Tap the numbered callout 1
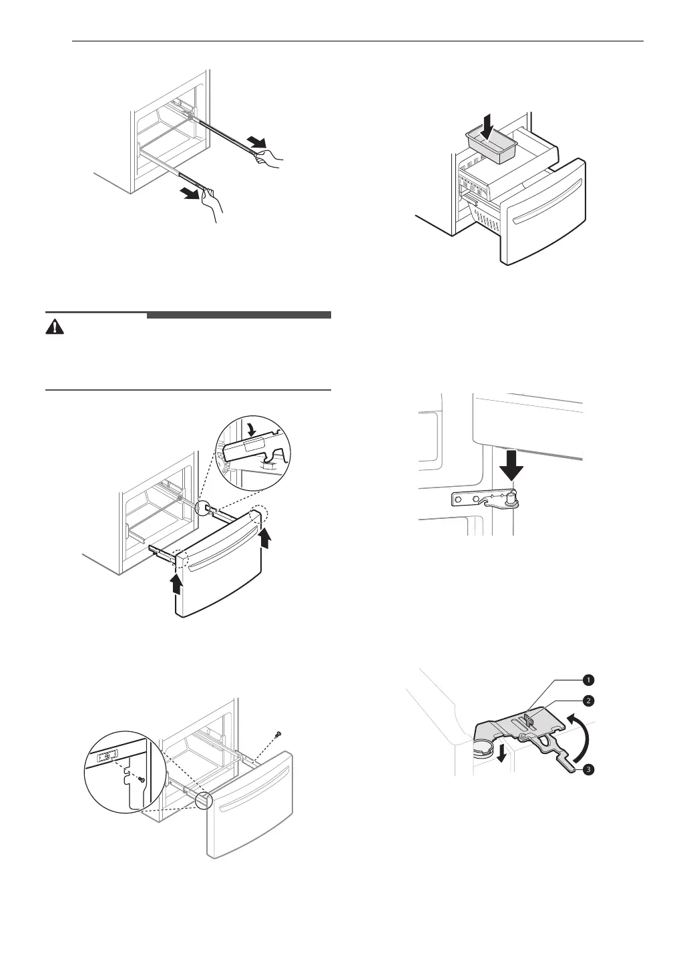[x=587, y=680]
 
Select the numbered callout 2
[x=587, y=701]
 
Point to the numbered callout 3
[x=587, y=770]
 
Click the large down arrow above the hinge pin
[x=512, y=466]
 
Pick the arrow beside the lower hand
[x=192, y=194]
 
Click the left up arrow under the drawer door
[x=176, y=583]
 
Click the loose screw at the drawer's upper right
[x=278, y=734]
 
